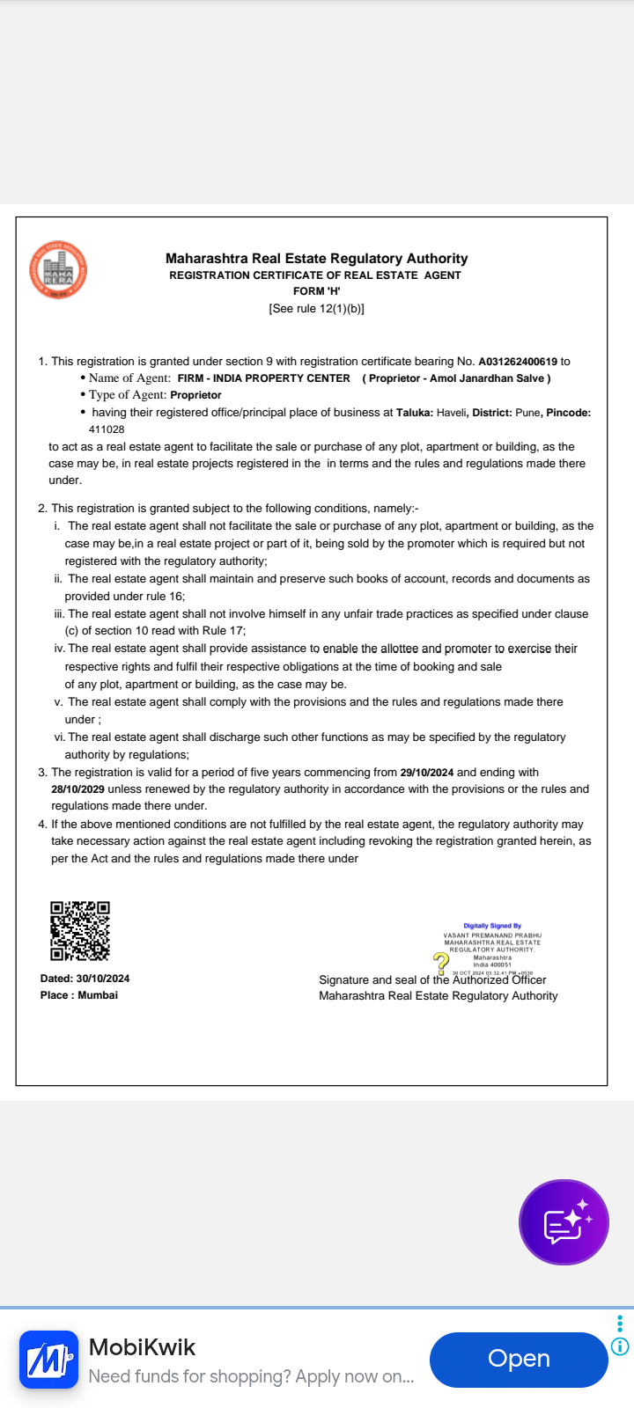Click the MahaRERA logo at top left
58,270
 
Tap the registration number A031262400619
518,362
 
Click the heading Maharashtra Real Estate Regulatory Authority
316,259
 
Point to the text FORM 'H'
316,291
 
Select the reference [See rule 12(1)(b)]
316,309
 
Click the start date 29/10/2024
427,773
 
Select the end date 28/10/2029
77,789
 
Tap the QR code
80,930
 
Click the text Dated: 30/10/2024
85,979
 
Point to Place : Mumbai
78,995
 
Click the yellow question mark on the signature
441,962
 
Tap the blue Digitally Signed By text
492,926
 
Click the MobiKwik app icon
49,1360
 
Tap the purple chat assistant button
564,1222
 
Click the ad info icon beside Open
620,1346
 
